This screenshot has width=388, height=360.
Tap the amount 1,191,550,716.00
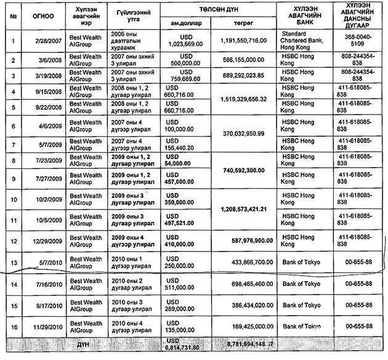click(x=243, y=40)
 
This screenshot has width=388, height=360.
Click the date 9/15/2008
click(x=45, y=92)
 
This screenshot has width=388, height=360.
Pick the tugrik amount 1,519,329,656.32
click(x=243, y=99)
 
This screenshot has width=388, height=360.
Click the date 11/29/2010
click(x=45, y=325)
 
